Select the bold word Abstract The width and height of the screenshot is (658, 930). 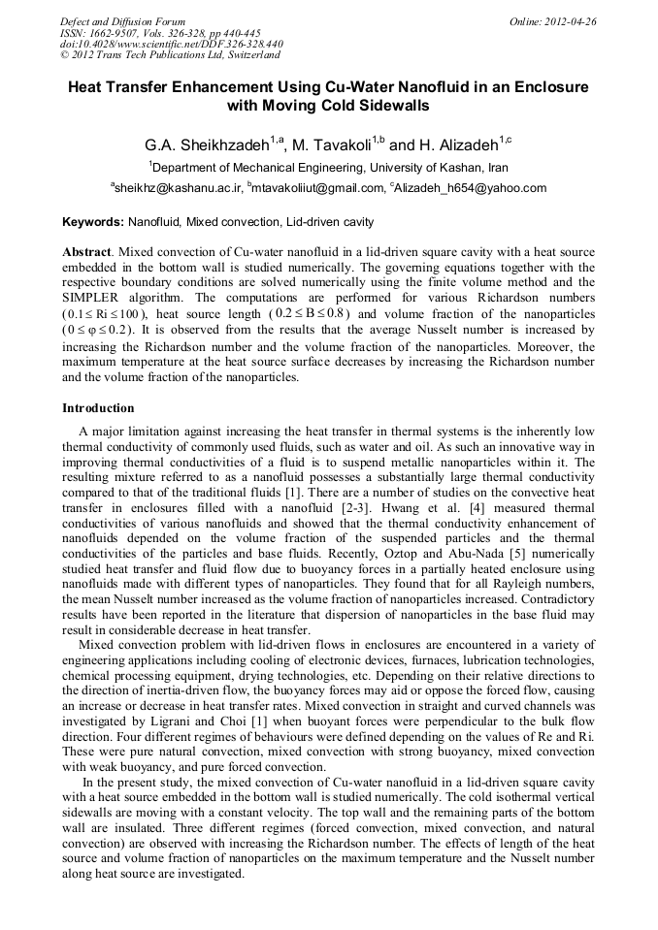tap(86, 251)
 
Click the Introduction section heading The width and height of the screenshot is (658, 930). tap(98, 408)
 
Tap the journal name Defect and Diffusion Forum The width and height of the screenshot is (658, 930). tap(122, 21)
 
